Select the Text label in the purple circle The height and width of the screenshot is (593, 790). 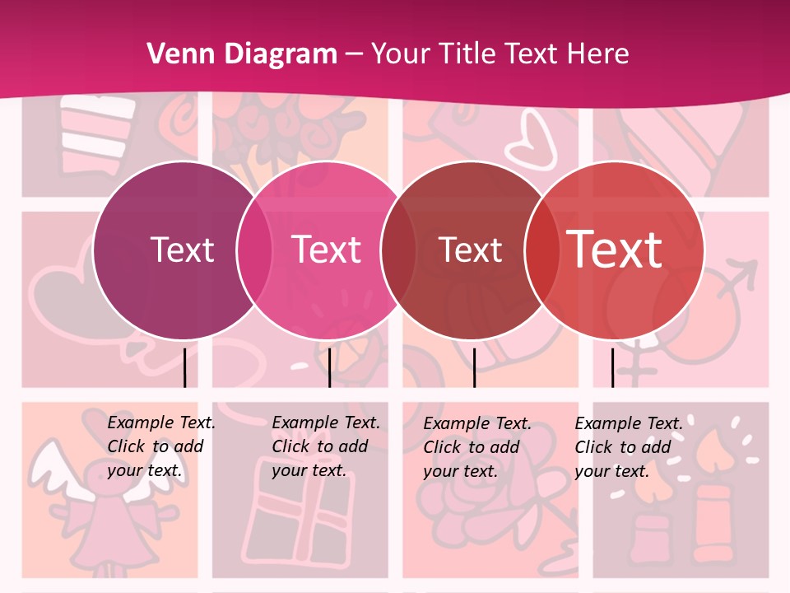pos(182,250)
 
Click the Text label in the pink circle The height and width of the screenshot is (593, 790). pos(327,250)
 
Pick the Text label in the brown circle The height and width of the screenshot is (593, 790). pos(470,250)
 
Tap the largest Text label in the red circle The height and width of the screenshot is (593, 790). pos(615,250)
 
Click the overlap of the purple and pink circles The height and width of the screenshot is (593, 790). pos(254,250)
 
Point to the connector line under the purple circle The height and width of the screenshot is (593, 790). pos(184,367)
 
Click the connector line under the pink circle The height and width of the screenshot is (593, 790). pos(329,367)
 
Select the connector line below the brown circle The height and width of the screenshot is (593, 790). pos(474,367)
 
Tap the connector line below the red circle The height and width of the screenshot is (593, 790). pos(612,367)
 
